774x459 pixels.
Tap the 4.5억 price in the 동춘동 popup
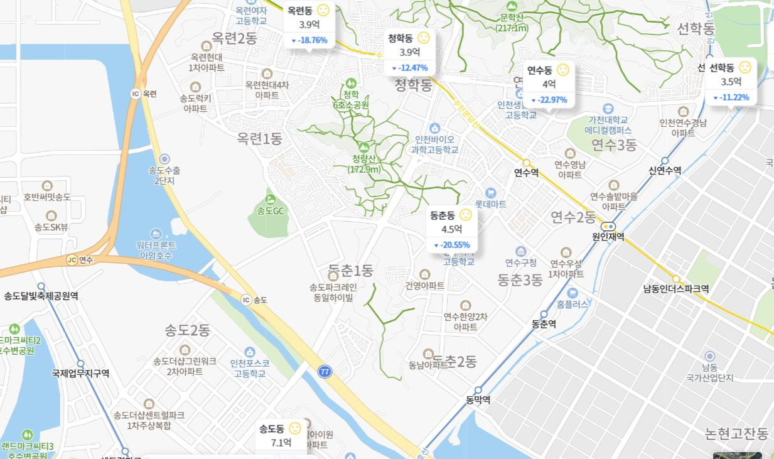pyautogui.click(x=451, y=229)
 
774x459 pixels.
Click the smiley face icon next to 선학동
pyautogui.click(x=744, y=67)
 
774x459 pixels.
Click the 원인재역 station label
pyautogui.click(x=608, y=237)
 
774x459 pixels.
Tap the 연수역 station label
pyautogui.click(x=526, y=173)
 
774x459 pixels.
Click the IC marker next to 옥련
pyautogui.click(x=136, y=94)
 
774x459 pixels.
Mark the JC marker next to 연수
pyautogui.click(x=72, y=260)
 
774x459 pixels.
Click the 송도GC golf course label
pyautogui.click(x=271, y=211)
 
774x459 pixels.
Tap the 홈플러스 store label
pyautogui.click(x=572, y=304)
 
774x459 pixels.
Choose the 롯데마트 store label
pyautogui.click(x=490, y=204)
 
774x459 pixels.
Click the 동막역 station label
pyautogui.click(x=478, y=399)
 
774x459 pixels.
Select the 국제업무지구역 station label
pyautogui.click(x=80, y=373)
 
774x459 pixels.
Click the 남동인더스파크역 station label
pyautogui.click(x=676, y=289)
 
